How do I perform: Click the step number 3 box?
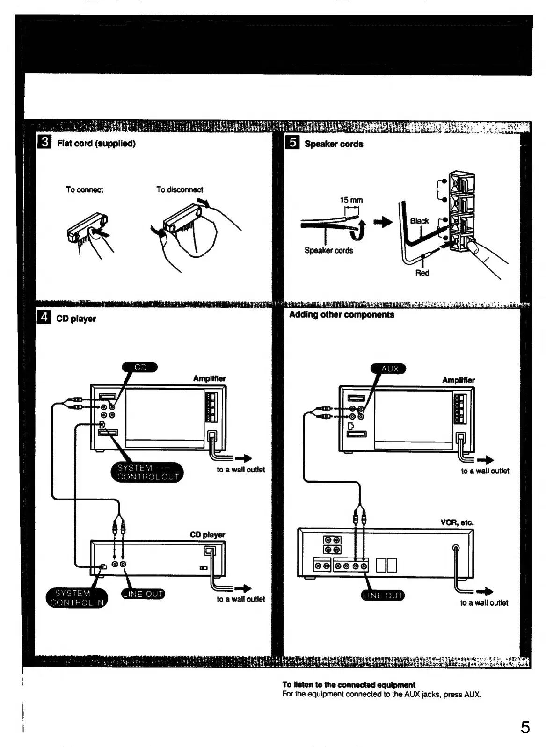pyautogui.click(x=44, y=142)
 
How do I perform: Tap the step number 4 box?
pyautogui.click(x=44, y=318)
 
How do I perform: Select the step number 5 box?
pyautogui.click(x=292, y=142)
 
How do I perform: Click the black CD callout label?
pyautogui.click(x=140, y=367)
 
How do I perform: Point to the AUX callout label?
pyautogui.click(x=389, y=369)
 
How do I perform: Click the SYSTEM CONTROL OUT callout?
pyautogui.click(x=147, y=472)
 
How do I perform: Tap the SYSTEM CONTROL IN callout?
pyautogui.click(x=77, y=598)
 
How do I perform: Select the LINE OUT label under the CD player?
pyautogui.click(x=143, y=594)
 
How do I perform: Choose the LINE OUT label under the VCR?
pyautogui.click(x=383, y=595)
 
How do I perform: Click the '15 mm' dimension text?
pyautogui.click(x=351, y=200)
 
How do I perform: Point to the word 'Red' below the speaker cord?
pyautogui.click(x=422, y=273)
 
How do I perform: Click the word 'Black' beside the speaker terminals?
pyautogui.click(x=419, y=221)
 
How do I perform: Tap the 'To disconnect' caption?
pyautogui.click(x=180, y=189)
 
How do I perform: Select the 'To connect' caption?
pyautogui.click(x=84, y=189)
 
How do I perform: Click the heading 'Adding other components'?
pyautogui.click(x=342, y=315)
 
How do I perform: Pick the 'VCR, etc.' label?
pyautogui.click(x=457, y=522)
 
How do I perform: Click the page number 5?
pyautogui.click(x=525, y=727)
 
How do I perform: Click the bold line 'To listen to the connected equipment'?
pyautogui.click(x=349, y=685)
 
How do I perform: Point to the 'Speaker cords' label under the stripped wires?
pyautogui.click(x=328, y=250)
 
